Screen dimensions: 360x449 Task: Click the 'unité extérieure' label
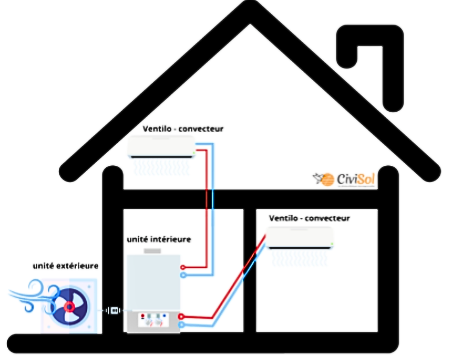(66, 266)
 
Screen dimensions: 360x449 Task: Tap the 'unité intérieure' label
(159, 239)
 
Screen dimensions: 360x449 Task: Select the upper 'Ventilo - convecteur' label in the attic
(183, 129)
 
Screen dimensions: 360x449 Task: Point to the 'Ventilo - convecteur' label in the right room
(309, 218)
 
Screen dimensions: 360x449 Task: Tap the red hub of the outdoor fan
(69, 307)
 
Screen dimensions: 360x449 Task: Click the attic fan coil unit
(161, 147)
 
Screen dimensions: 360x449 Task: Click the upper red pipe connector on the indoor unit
(183, 267)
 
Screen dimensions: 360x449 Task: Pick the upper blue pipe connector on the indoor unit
(183, 275)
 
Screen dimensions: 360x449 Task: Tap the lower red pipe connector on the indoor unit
(182, 316)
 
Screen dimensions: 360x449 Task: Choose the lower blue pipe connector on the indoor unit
(182, 324)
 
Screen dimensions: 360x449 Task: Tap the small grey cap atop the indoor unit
(152, 251)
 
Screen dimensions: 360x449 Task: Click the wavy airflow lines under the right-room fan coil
(299, 257)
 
